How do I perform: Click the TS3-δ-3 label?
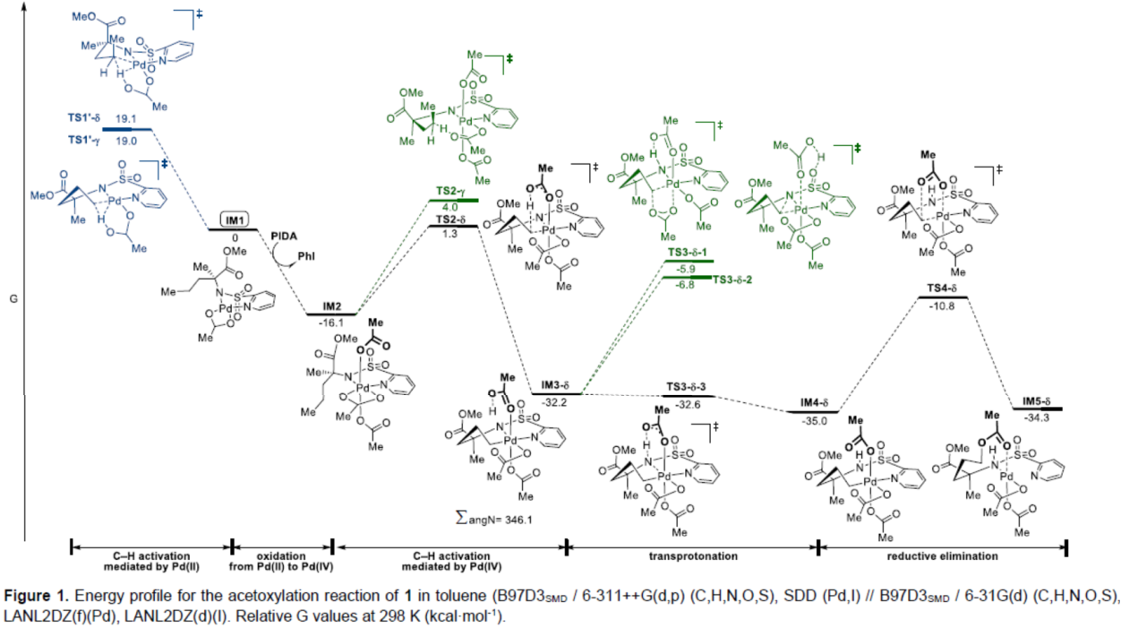[687, 388]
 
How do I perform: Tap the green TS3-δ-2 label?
[732, 280]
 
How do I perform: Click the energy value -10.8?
[942, 305]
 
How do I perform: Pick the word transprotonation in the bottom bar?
[692, 556]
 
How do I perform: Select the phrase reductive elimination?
[942, 556]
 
